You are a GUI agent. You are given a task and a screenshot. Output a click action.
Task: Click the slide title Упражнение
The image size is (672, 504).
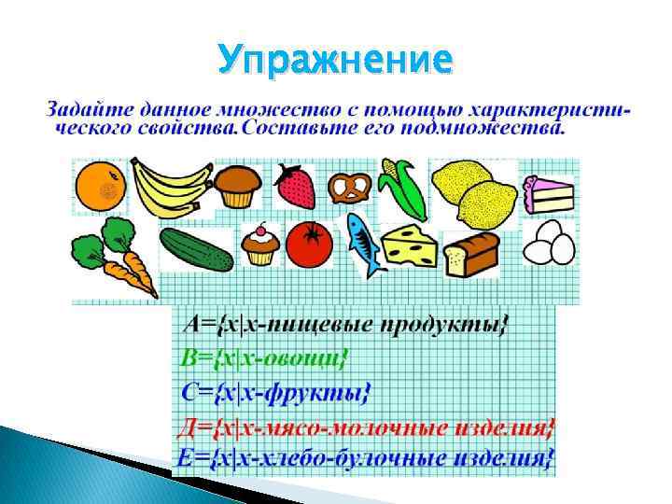click(336, 61)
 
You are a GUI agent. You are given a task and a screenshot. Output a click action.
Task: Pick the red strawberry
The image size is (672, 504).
click(298, 187)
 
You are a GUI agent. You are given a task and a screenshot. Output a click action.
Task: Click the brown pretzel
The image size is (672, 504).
click(350, 188)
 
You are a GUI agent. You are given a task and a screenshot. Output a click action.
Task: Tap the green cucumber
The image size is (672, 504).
click(195, 249)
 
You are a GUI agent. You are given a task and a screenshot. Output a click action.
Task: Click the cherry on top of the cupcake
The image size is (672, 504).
click(259, 230)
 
